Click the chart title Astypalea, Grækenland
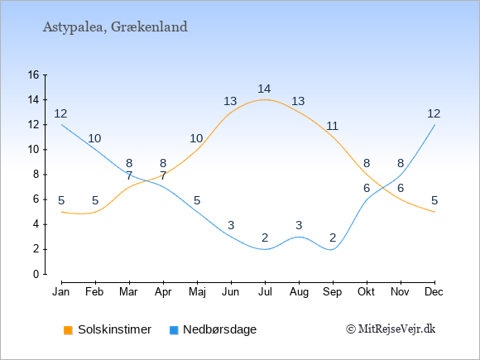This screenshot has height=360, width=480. [115, 27]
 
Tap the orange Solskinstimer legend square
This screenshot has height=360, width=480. [68, 330]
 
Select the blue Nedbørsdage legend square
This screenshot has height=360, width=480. [174, 330]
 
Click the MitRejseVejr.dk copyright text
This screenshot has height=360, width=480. [391, 329]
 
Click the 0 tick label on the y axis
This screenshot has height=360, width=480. [36, 274]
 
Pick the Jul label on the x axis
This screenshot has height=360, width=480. [265, 292]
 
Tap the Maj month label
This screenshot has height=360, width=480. [197, 292]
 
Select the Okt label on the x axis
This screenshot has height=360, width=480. [367, 292]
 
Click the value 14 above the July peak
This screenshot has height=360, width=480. [264, 89]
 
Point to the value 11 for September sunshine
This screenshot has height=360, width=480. [332, 126]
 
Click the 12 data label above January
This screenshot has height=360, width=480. [60, 114]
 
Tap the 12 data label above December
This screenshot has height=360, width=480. [434, 114]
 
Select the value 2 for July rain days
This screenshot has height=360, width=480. [265, 238]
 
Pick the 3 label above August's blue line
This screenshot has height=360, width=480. [299, 225]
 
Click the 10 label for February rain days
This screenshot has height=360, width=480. [94, 139]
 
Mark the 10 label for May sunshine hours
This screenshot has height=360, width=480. [196, 139]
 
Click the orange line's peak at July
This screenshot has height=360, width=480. [265, 99]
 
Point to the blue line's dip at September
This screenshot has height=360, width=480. [332, 249]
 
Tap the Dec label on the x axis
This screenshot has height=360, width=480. [434, 292]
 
